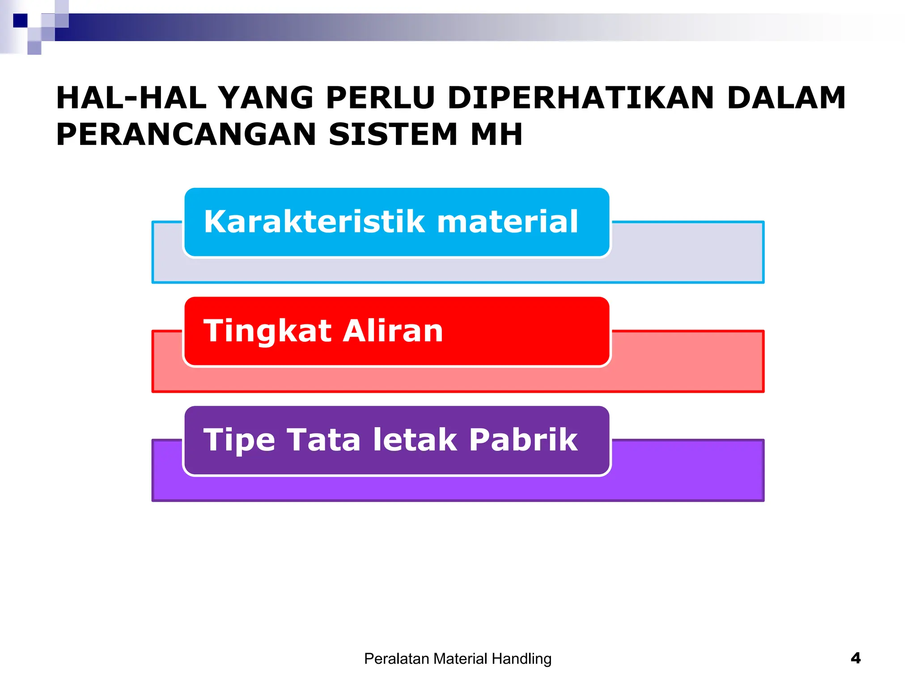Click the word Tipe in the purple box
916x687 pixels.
tap(239, 441)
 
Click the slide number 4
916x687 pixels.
tap(855, 658)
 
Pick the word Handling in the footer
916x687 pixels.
tap(522, 659)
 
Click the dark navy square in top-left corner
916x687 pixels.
tap(20, 21)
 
